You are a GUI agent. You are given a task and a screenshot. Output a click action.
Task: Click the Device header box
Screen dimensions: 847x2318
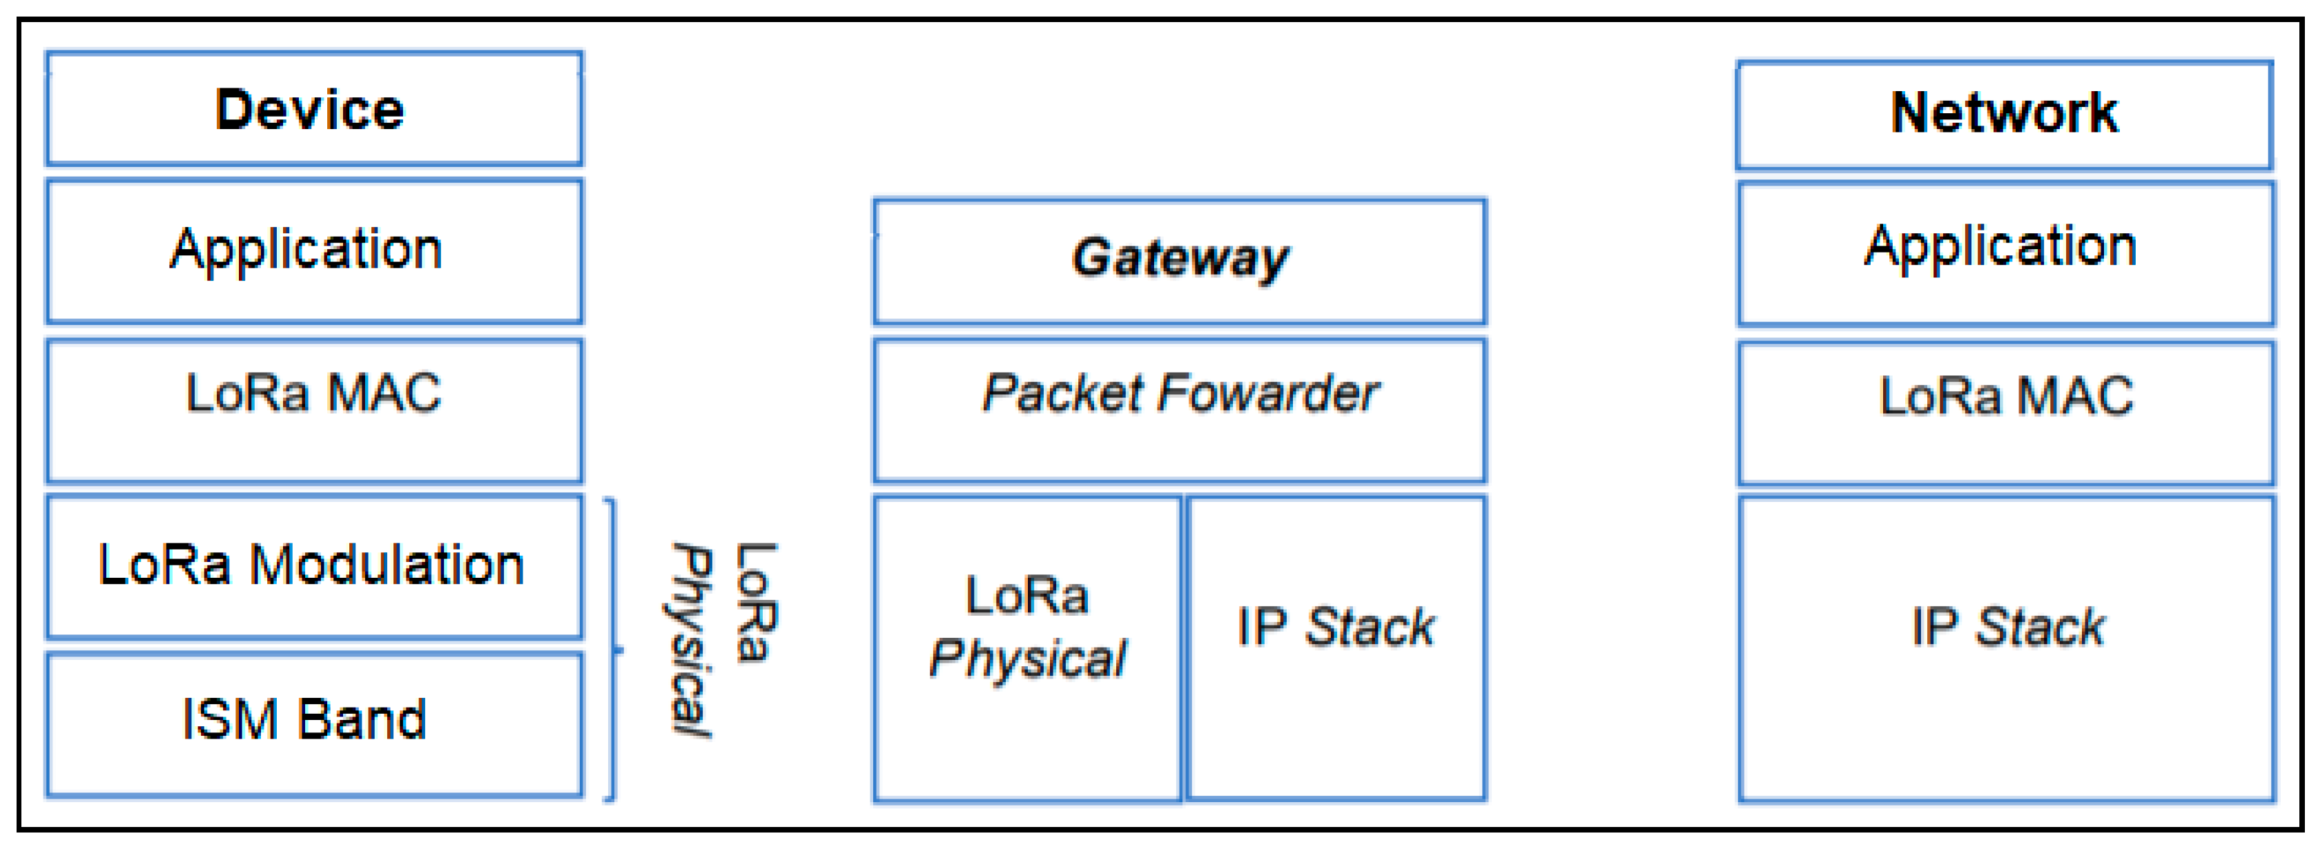[314, 109]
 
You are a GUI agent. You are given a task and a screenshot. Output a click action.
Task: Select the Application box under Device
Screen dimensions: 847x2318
[314, 250]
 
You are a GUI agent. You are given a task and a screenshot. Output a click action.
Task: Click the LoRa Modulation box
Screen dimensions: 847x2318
[314, 566]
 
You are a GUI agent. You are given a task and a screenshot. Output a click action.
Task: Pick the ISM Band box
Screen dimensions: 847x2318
[314, 723]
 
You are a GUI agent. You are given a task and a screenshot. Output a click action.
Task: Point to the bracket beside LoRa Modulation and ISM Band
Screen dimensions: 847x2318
[613, 648]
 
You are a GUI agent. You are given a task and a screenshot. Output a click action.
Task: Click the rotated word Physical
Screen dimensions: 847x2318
[691, 641]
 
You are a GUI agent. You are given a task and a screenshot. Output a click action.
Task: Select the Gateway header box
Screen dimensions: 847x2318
[1179, 260]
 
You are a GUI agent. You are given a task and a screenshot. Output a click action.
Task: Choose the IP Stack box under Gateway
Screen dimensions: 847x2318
[1335, 646]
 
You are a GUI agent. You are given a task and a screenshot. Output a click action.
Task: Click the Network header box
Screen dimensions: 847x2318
[2004, 115]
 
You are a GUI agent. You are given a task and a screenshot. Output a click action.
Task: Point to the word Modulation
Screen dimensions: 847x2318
[387, 565]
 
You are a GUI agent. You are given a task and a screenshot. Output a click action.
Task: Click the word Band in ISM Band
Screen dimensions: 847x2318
[362, 720]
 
